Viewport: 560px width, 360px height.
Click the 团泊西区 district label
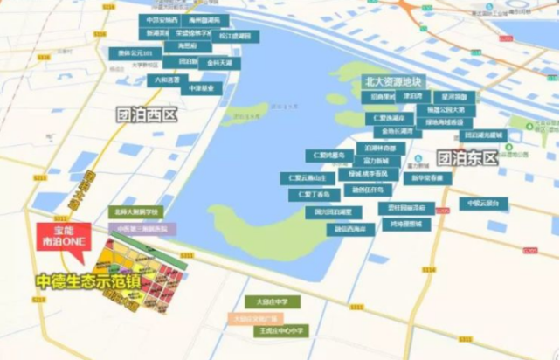click(148, 114)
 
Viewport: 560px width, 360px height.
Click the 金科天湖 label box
click(220, 64)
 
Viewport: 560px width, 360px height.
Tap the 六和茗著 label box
click(171, 78)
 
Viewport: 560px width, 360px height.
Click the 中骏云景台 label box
click(483, 204)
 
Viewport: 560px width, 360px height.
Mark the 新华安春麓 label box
click(428, 178)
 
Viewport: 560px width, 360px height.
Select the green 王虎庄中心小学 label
click(279, 331)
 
